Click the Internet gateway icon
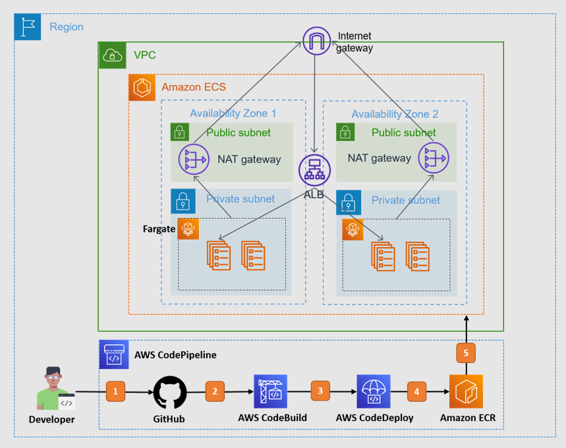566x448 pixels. (x=316, y=40)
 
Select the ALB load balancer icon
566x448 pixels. (x=314, y=169)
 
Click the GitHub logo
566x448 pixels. (x=170, y=393)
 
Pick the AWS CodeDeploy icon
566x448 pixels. (x=374, y=391)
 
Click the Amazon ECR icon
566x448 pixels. (x=466, y=392)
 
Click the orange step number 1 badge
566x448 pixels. (x=115, y=391)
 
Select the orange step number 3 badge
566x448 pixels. (x=321, y=391)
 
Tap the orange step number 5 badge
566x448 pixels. (x=466, y=353)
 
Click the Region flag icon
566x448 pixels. (x=27, y=27)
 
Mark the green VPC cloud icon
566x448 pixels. (x=112, y=55)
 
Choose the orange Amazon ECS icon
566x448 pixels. (x=142, y=87)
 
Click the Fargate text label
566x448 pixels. (x=159, y=229)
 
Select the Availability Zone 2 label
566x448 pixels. (x=395, y=115)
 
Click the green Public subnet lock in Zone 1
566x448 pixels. (x=180, y=132)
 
